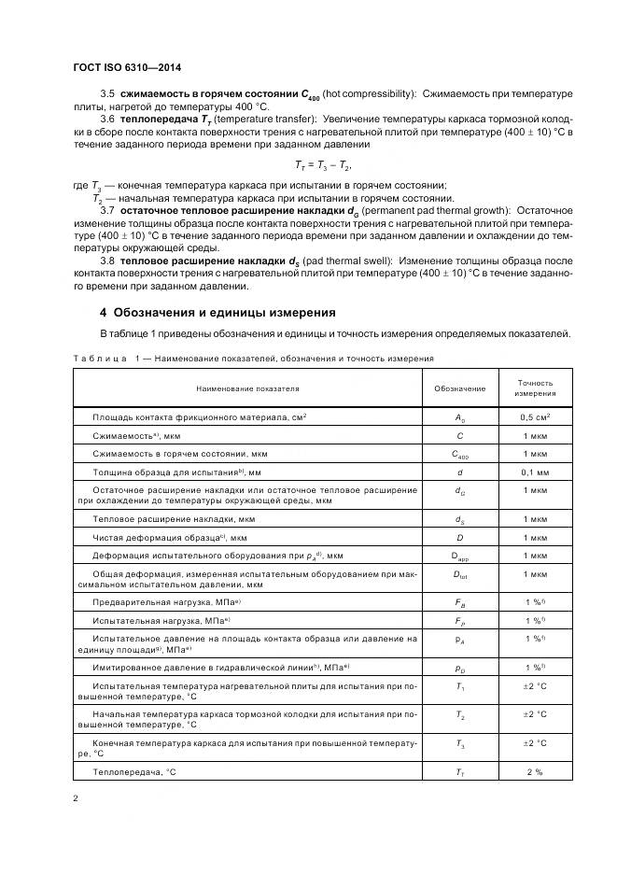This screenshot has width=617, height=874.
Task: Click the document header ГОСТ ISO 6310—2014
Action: point(127,67)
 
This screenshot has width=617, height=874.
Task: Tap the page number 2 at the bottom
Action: point(75,798)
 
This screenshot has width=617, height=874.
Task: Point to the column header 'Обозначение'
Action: point(460,388)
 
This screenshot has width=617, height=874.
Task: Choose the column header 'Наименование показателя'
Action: point(247,388)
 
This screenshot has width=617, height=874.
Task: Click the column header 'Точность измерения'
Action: point(535,388)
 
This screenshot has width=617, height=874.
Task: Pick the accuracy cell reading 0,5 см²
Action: point(535,417)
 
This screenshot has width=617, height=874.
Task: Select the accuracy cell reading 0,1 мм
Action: point(535,472)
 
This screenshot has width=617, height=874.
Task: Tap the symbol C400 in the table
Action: point(460,455)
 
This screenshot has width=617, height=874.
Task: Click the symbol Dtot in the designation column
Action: point(460,575)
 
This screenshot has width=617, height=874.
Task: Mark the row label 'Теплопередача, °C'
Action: point(134,771)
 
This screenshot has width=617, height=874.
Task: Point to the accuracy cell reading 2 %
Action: point(535,771)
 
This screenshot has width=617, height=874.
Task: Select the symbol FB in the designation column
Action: point(460,603)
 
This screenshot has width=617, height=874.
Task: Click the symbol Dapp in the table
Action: point(460,557)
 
